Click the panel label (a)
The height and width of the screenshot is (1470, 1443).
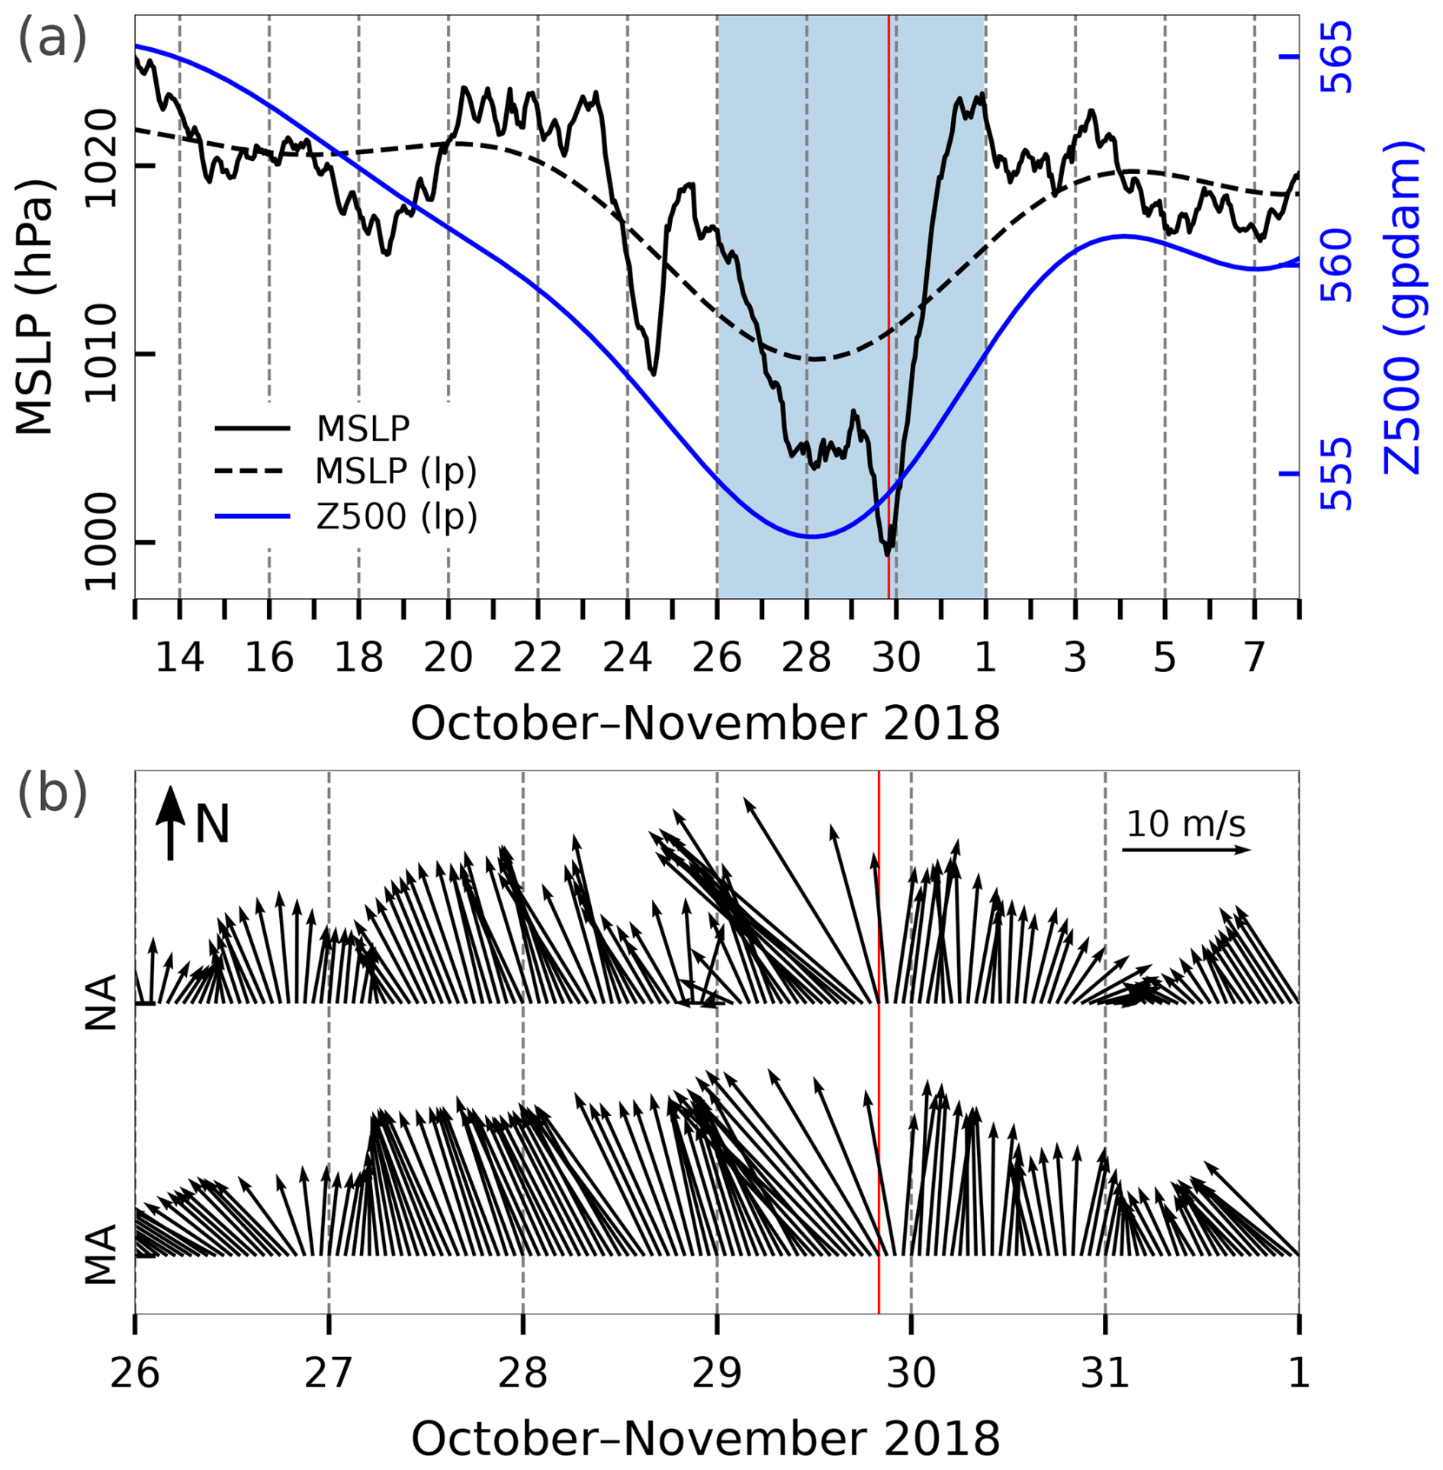[x=52, y=38]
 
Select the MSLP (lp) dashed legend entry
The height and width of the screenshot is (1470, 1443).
[x=395, y=471]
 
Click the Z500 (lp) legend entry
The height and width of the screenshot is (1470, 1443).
[x=396, y=516]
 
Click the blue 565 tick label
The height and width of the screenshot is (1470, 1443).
[x=1335, y=57]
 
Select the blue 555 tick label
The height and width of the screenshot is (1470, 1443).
[x=1335, y=474]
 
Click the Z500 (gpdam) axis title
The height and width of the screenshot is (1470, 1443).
[x=1402, y=305]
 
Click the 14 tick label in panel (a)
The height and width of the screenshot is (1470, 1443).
[x=179, y=658]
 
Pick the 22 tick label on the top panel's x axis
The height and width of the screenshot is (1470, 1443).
[x=538, y=658]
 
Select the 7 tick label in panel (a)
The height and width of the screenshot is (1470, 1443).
[x=1254, y=658]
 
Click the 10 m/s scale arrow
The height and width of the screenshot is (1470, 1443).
[x=1186, y=849]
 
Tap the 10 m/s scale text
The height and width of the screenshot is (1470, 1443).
[x=1186, y=824]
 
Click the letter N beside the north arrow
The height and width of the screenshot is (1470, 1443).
[x=212, y=825]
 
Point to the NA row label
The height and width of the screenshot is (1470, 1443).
[x=101, y=1002]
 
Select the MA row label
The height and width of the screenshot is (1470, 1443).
[x=101, y=1255]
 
